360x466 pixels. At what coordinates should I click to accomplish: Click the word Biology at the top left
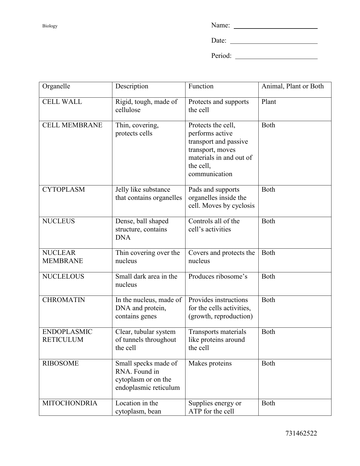50,26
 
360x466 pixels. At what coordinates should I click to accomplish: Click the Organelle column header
56,86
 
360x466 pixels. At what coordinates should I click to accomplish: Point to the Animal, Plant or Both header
293,86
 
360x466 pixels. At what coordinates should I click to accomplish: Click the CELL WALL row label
62,102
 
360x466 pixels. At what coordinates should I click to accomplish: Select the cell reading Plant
269,102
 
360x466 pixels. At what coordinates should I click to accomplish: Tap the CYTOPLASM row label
64,190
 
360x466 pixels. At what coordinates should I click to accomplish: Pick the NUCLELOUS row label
63,277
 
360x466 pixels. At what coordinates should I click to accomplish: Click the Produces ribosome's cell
218,277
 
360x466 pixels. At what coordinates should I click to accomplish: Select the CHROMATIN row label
64,300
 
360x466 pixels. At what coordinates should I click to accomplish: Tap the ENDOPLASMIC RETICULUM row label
67,336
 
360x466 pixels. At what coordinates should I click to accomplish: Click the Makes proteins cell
210,364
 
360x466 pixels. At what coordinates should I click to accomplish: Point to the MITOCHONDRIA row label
70,403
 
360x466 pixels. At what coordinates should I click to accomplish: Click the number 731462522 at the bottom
301,434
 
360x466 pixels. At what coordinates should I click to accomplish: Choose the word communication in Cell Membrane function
210,174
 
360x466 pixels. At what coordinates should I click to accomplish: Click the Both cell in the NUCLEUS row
268,221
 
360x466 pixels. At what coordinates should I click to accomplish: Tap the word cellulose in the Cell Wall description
128,110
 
